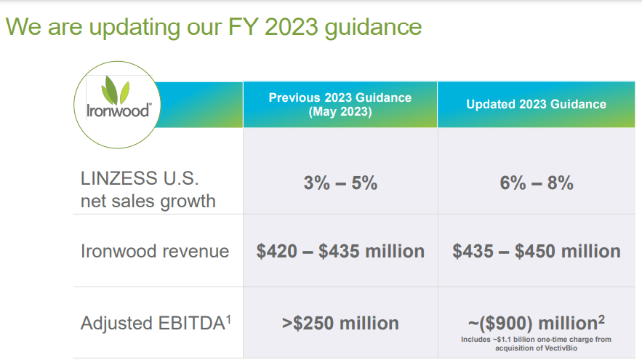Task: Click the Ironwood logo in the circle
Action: click(x=119, y=98)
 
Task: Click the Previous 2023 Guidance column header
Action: click(x=340, y=105)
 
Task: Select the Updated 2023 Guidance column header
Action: click(x=537, y=105)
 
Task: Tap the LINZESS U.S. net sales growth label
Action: click(x=148, y=190)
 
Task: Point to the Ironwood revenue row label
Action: click(x=155, y=251)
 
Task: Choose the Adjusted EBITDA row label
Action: click(x=156, y=323)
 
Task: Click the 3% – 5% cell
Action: click(x=340, y=183)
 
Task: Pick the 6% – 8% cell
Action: click(x=537, y=183)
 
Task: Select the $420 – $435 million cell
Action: click(x=340, y=251)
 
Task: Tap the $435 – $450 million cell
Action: click(x=537, y=251)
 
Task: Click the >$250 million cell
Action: click(x=340, y=323)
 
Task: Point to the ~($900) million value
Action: click(x=537, y=323)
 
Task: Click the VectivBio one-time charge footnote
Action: click(x=537, y=343)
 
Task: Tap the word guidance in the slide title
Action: click(x=373, y=28)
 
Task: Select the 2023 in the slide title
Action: click(x=291, y=27)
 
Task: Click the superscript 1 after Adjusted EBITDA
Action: click(x=229, y=319)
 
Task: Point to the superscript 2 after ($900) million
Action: click(x=601, y=319)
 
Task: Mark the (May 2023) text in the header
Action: click(x=340, y=111)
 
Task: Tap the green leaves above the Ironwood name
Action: click(x=116, y=89)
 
